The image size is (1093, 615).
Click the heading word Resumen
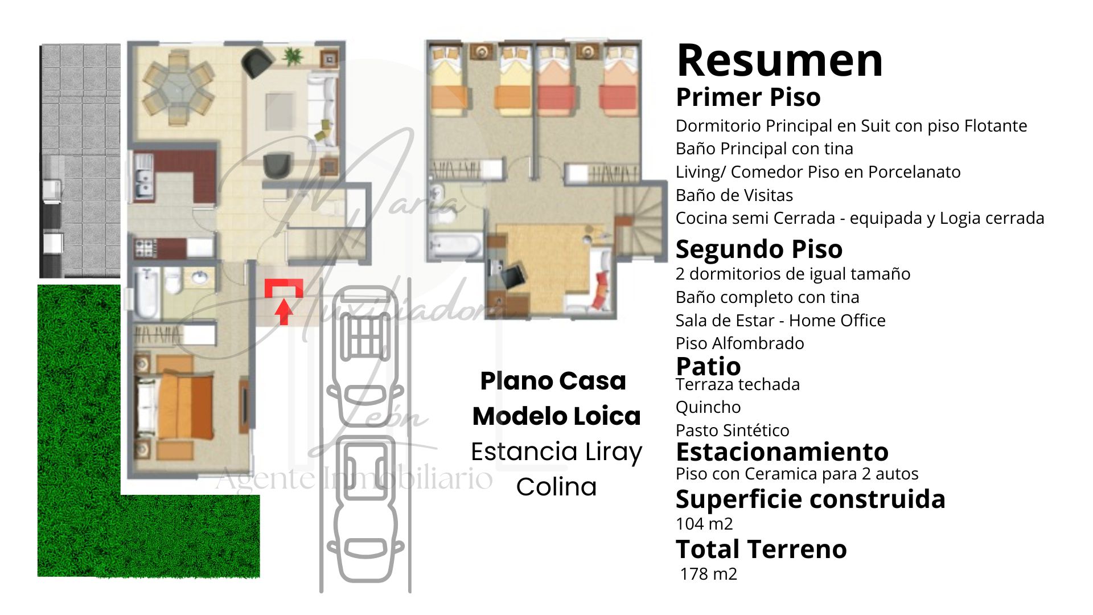tap(779, 60)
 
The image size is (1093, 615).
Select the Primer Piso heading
tap(748, 97)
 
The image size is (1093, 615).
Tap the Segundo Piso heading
tap(759, 249)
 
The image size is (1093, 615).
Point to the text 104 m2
tap(704, 524)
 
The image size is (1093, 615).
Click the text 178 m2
tap(709, 574)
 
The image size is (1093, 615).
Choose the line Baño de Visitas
tap(734, 195)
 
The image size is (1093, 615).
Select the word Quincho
tap(708, 408)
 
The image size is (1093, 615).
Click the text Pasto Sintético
tap(733, 430)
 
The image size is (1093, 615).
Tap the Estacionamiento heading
tap(782, 452)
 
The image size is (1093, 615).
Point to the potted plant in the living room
tap(293, 56)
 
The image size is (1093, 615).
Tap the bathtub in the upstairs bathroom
tap(456, 245)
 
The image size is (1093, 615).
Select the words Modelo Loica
tap(556, 416)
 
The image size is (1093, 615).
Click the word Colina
tap(556, 487)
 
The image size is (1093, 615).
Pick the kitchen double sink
tap(143, 177)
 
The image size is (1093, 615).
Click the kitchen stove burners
tap(145, 248)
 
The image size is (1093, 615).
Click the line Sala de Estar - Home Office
tap(780, 321)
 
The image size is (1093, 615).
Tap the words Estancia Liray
tap(556, 452)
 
